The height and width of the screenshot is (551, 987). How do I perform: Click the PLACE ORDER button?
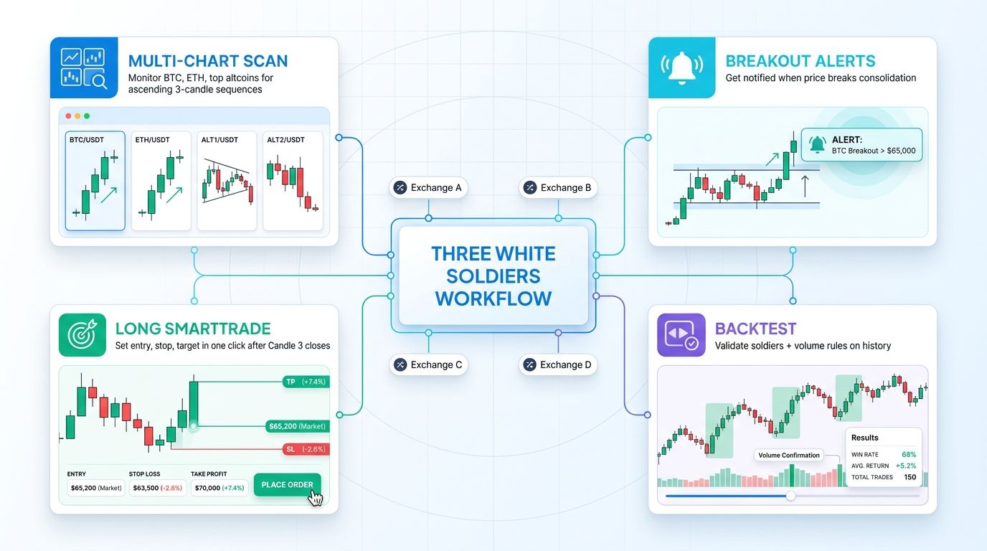click(287, 485)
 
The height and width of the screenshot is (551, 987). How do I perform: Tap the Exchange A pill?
click(428, 188)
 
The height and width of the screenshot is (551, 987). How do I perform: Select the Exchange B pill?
click(558, 188)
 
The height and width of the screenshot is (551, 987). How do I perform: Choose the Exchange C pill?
click(428, 364)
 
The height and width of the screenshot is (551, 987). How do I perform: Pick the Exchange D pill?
click(558, 364)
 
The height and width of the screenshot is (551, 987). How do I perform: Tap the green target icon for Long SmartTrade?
click(82, 335)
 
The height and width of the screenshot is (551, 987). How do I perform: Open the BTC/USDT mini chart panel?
click(95, 181)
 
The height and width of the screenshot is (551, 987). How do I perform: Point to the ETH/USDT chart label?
click(152, 140)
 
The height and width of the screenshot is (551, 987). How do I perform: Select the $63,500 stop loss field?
click(157, 488)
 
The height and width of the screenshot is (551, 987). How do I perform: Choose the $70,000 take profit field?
click(219, 488)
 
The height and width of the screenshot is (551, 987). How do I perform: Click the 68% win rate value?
click(909, 454)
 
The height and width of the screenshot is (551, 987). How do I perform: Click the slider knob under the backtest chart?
click(790, 496)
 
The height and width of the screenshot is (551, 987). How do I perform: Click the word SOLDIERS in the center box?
click(493, 275)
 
